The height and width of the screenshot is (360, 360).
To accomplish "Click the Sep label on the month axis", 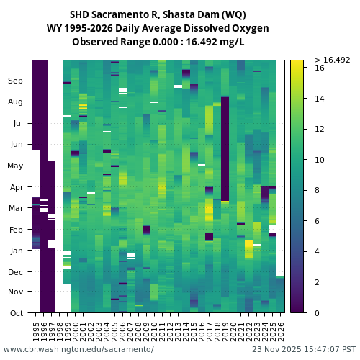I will [x=15, y=81].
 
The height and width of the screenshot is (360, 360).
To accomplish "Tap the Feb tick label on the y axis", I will [x=15, y=230].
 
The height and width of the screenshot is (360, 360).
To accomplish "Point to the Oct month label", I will [x=15, y=312].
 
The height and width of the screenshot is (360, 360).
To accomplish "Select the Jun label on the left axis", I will [x=15, y=144].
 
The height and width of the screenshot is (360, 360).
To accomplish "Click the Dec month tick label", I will [x=15, y=271].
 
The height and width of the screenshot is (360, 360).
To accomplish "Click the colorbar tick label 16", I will [x=320, y=68].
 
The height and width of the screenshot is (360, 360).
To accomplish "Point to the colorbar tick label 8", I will [x=318, y=190].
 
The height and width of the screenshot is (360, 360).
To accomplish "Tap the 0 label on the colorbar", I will [x=318, y=312].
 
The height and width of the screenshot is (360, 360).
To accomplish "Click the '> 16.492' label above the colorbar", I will [x=332, y=60].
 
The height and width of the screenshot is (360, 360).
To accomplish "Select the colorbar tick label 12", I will [x=320, y=129].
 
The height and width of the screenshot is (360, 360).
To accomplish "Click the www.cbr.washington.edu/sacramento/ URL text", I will [x=78, y=349].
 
